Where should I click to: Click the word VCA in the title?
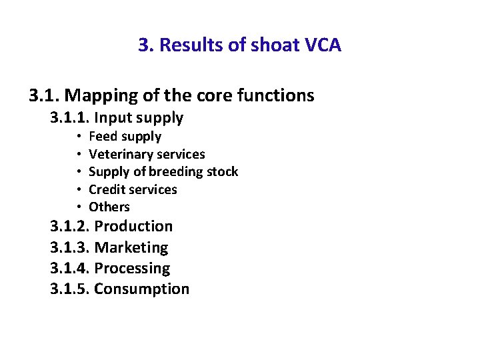pos(322,45)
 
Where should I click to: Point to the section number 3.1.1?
pos(70,118)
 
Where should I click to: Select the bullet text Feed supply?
pos(125,137)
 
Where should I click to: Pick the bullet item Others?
pos(109,207)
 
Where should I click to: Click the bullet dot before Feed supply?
pos(78,137)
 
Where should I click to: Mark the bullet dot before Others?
pos(78,207)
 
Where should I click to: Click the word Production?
pos(133,227)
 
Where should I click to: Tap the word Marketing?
pos(131,247)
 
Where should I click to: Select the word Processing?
pos(132,268)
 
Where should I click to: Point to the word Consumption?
pos(142,289)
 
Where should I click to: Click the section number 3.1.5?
pos(70,289)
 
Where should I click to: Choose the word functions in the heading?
pos(274,96)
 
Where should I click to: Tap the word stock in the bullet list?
pos(222,171)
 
